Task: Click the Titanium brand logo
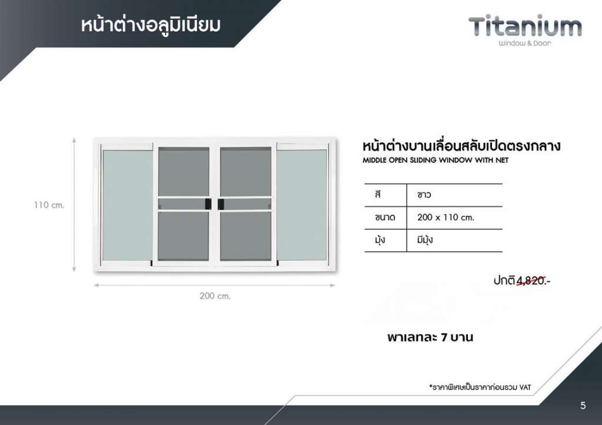(525, 31)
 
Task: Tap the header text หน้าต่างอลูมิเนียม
(151, 25)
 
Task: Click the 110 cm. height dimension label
(49, 205)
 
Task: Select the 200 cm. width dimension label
(215, 296)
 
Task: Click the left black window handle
(208, 204)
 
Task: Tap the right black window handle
(221, 204)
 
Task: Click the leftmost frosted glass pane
(128, 205)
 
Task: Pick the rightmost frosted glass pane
(302, 205)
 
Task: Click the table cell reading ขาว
(424, 195)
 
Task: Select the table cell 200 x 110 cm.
(446, 217)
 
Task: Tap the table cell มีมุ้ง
(425, 240)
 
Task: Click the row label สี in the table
(378, 194)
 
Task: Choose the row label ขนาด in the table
(385, 217)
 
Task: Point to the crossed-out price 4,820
(531, 281)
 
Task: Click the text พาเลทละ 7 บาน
(430, 337)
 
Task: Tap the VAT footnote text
(480, 387)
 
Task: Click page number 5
(583, 406)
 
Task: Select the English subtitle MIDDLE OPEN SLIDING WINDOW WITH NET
(436, 160)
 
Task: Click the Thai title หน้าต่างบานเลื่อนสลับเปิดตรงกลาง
(461, 146)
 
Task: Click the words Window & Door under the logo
(525, 43)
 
